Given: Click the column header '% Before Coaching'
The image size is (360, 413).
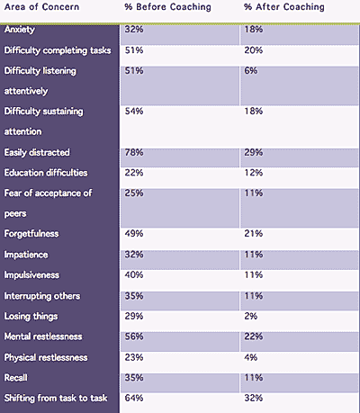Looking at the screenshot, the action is click(167, 7).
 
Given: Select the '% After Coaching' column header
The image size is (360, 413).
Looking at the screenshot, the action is click(284, 7).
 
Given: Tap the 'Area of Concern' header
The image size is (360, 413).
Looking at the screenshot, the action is click(41, 7).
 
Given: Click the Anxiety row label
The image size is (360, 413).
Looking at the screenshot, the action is click(20, 30).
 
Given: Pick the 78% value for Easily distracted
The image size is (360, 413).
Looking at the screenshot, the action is click(134, 152).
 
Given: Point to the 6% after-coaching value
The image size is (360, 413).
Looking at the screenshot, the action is click(251, 71).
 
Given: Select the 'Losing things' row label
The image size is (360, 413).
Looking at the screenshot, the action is click(31, 317).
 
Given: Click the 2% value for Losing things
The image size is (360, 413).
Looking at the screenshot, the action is click(251, 316).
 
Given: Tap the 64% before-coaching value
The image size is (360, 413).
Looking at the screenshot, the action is click(134, 398).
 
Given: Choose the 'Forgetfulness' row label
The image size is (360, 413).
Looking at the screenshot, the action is click(31, 234).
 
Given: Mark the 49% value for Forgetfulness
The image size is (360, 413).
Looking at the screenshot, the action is click(134, 234).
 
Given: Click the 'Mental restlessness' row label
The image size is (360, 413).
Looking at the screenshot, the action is click(43, 337).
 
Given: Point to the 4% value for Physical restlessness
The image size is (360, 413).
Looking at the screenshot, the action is click(251, 357).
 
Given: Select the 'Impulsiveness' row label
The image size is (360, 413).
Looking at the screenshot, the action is click(31, 275).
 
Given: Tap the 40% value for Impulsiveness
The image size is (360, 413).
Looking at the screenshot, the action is click(134, 275).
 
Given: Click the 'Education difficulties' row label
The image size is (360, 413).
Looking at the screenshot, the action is click(46, 173).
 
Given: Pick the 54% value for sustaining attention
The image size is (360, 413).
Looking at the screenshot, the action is click(134, 112).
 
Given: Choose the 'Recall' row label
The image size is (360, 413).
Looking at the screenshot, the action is click(15, 378).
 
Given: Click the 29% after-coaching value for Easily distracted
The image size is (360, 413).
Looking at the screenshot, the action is click(254, 152).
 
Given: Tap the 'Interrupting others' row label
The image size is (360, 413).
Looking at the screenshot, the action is click(42, 296).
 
